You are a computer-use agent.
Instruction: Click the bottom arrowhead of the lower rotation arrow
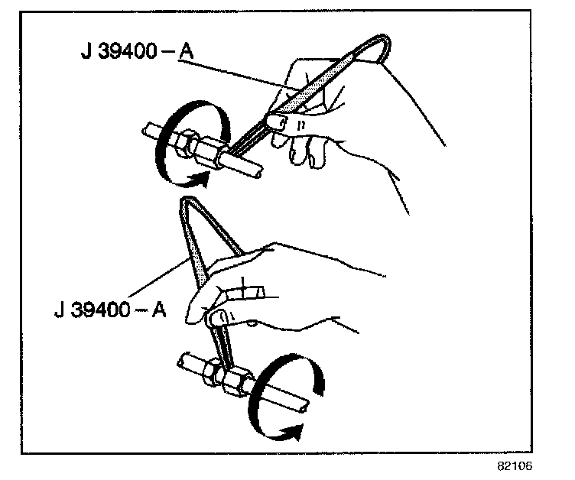[291, 433]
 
